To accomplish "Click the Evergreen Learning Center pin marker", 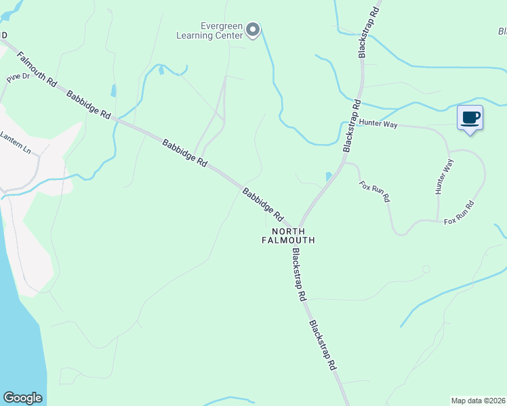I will (253, 30).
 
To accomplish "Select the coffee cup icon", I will (470, 118).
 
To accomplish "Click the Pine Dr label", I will (18, 78).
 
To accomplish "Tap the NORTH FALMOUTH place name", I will (289, 235).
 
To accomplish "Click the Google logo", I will (22, 397).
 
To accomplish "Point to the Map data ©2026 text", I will (478, 400).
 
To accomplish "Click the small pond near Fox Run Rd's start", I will (329, 176).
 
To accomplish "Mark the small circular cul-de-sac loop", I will (426, 269).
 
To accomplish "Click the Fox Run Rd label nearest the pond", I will (375, 191).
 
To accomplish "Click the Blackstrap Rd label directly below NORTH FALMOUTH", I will (299, 274).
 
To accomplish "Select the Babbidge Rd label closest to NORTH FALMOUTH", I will (262, 204).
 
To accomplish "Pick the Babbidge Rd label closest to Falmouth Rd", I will (89, 104).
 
